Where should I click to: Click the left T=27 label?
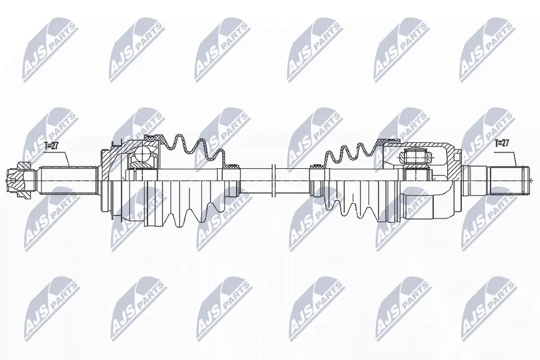(52, 146)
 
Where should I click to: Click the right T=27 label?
(501, 143)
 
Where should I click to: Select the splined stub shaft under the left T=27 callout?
(66, 181)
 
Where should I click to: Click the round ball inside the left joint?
(145, 154)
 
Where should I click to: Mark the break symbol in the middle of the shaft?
(274, 181)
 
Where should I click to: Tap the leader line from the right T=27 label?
(513, 156)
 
